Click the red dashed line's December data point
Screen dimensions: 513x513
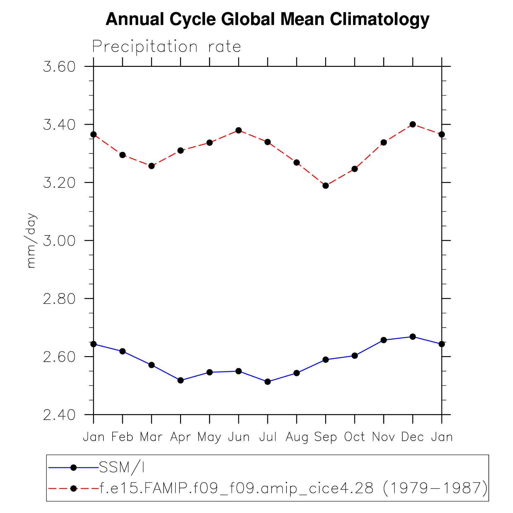412,124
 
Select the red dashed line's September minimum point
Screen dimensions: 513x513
325,186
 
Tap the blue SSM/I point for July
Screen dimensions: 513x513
268,382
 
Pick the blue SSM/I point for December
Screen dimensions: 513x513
412,337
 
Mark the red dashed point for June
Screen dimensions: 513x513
239,130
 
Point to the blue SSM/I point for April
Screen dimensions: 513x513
181,380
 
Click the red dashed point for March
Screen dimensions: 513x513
152,166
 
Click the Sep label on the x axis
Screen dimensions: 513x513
325,437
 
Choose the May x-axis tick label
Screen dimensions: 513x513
209,437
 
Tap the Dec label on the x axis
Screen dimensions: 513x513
412,437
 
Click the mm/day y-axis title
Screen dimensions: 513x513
32,240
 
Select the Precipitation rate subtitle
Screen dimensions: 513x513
166,47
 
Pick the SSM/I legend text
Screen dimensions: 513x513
122,468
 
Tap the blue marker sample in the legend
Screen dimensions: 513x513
74,468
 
